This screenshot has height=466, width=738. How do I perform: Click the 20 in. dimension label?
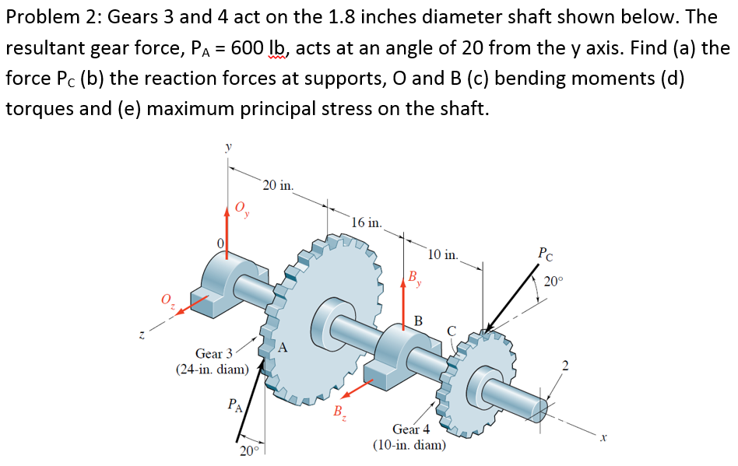point(278,185)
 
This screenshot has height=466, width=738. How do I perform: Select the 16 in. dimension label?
point(366,222)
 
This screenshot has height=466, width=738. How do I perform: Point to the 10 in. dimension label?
point(444,254)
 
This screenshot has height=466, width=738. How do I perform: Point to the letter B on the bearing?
point(418,320)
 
